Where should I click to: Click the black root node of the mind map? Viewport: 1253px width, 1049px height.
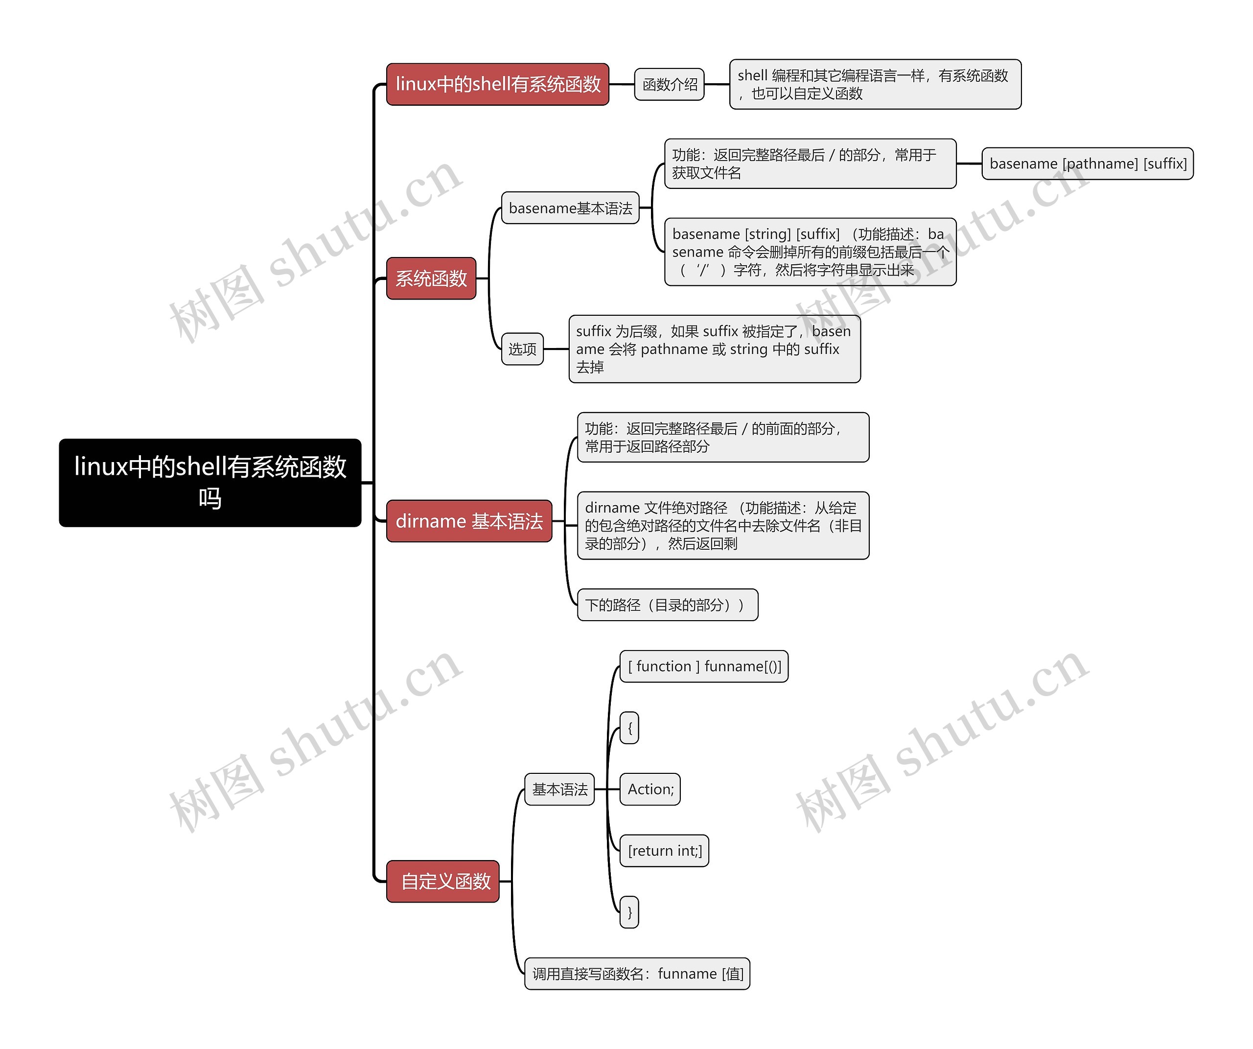210,482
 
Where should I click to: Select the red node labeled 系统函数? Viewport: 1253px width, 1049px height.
431,278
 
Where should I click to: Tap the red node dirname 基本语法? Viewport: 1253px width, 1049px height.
469,521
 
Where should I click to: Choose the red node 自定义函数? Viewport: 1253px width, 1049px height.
443,881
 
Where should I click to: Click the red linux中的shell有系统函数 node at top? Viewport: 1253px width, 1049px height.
498,84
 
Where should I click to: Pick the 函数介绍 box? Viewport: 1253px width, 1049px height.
670,84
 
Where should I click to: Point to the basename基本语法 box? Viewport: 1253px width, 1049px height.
570,208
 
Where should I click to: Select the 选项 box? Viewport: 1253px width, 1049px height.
522,349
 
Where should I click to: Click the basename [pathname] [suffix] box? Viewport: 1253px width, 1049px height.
1088,163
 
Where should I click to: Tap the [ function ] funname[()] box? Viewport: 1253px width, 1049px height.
704,666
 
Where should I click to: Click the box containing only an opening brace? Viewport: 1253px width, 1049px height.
629,727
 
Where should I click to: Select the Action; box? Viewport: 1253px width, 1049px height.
650,789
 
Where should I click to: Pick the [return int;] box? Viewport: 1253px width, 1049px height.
665,850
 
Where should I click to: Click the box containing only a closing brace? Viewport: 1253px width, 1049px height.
629,912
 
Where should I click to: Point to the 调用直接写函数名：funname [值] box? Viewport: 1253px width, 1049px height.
637,973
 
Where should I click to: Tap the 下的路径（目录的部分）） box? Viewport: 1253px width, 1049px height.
668,605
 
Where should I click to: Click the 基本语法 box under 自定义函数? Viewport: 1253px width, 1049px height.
559,789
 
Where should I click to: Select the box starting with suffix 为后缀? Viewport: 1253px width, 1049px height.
714,349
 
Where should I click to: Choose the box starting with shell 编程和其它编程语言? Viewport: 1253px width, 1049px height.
875,84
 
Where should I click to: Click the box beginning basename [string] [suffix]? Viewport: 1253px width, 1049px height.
810,252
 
